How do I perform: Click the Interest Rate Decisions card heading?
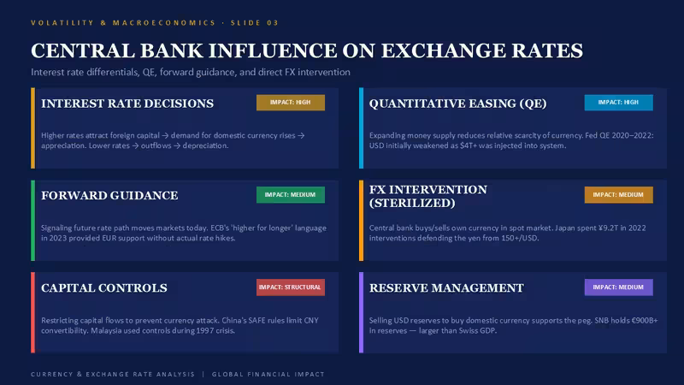[x=127, y=104]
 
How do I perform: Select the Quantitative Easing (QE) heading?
[x=457, y=104]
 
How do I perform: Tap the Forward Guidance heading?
[x=109, y=196]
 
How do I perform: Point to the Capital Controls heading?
[x=104, y=288]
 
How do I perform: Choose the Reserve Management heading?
[x=446, y=288]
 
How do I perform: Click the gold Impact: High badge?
[x=291, y=103]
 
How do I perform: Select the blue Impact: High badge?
[x=618, y=103]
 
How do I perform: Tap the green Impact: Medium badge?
[x=291, y=195]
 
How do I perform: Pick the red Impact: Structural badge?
[x=291, y=287]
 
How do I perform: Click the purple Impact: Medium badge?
[x=618, y=287]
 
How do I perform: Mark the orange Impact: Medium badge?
[x=618, y=195]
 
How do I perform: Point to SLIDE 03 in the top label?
[x=255, y=23]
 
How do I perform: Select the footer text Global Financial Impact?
[x=268, y=374]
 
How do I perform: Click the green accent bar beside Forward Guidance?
[x=32, y=221]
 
